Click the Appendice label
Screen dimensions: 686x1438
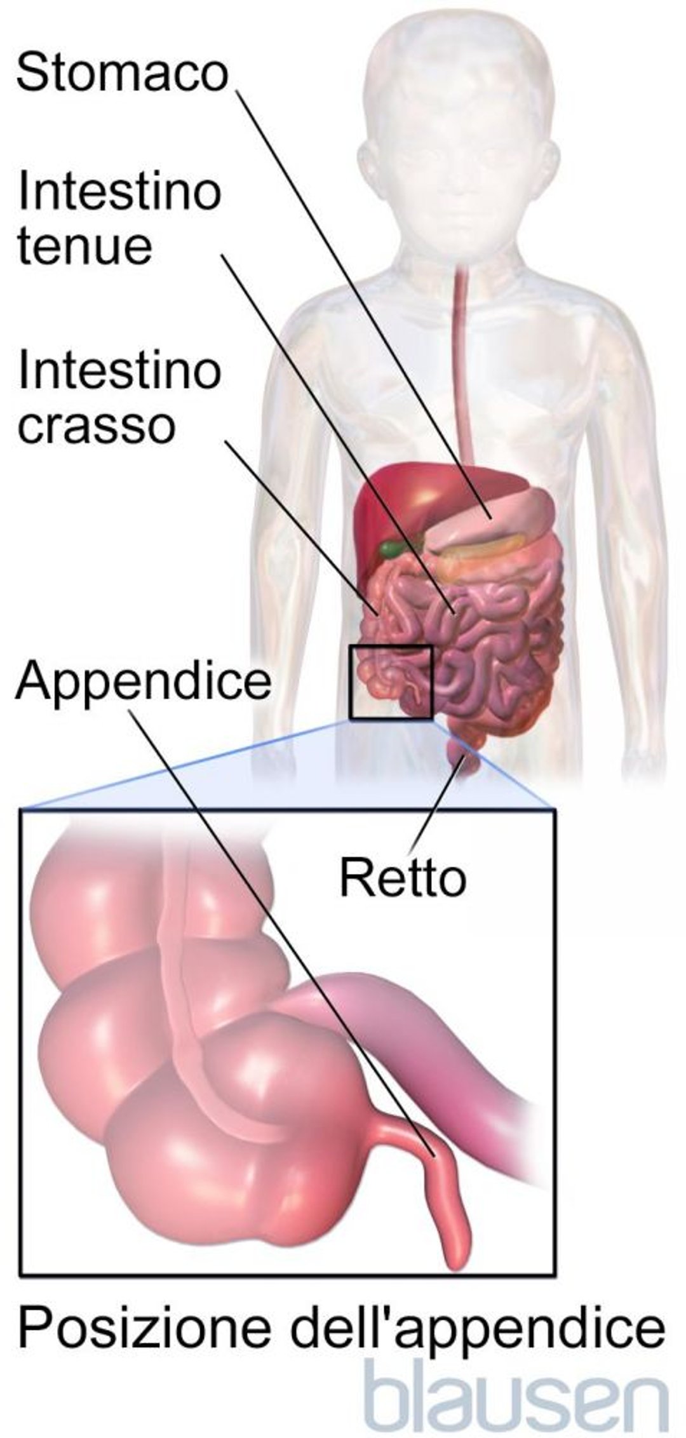pyautogui.click(x=144, y=683)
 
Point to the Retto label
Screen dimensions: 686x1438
pyautogui.click(x=403, y=878)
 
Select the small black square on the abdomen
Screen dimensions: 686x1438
pyautogui.click(x=391, y=683)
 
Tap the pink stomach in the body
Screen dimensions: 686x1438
pyautogui.click(x=492, y=518)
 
